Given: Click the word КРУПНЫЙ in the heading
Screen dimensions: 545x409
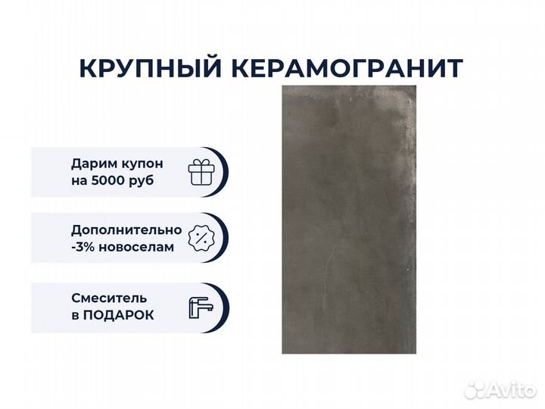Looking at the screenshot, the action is pos(150,68).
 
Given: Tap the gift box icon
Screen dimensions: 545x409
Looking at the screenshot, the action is pos(201,172).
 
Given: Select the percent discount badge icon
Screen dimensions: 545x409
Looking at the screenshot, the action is pos(201,239).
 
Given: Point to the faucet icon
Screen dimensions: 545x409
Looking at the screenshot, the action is pos(201,308).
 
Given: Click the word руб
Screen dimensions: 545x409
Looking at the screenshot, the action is pos(141,182).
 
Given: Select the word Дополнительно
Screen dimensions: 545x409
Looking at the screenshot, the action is pos(126,230).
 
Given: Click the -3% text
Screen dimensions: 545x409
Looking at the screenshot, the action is pos(83,247).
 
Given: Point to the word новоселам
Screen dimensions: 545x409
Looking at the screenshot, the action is pos(136,247).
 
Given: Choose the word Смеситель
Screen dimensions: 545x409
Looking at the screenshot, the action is pos(109,298).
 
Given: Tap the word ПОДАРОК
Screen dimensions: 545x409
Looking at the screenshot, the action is pos(118,315).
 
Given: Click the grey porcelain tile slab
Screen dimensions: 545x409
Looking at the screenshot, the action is pos(349,220).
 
